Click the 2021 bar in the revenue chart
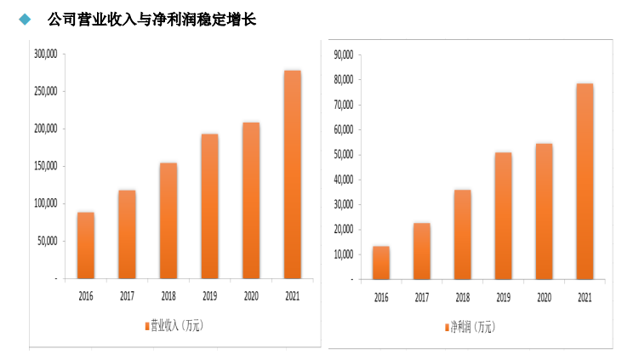point(292,174)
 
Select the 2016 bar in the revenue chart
point(86,245)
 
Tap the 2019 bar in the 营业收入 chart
point(209,206)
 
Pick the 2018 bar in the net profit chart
point(462,234)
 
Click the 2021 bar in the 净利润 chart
point(585,181)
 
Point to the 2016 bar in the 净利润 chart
point(380,262)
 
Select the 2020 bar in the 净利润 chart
point(544,211)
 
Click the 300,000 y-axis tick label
point(44,54)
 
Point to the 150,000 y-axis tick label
point(44,166)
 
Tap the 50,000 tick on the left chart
point(47,241)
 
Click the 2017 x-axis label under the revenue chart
point(127,296)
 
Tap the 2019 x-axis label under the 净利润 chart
point(503,298)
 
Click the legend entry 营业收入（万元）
point(174,326)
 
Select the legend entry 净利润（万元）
point(472,328)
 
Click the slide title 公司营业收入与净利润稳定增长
point(151,19)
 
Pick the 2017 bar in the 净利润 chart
point(421,251)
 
